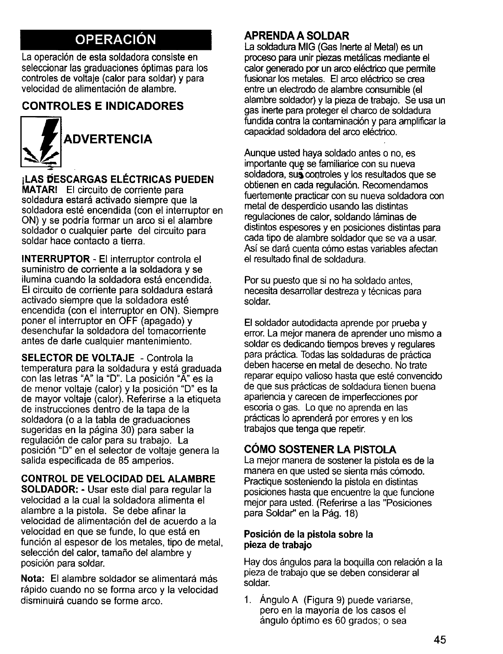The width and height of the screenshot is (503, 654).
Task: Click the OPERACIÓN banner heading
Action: coord(115,40)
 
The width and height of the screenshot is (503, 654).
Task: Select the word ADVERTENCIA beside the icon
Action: coord(107,139)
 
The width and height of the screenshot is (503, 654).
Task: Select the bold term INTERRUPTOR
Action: coord(55,259)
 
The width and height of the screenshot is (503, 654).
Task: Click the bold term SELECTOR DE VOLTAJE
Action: coord(78,358)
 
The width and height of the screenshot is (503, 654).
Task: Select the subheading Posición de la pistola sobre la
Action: coord(308,534)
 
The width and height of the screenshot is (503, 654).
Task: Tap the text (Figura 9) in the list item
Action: coord(323,600)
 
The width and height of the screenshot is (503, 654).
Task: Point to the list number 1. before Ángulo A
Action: coord(248,600)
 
